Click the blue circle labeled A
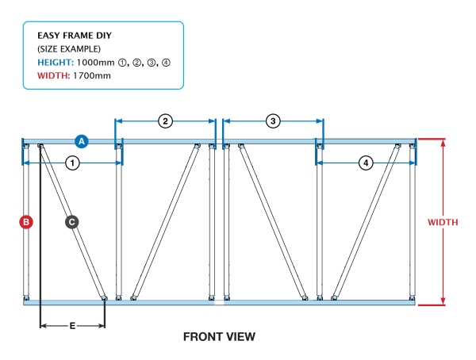click(81, 141)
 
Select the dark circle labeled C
click(71, 223)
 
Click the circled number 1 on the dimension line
click(72, 163)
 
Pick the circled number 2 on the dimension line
click(165, 121)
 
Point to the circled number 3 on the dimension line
click(273, 121)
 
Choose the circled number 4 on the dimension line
click(366, 163)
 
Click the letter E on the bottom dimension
click(73, 325)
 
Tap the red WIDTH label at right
click(442, 222)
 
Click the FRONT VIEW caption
click(219, 337)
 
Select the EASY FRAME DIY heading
click(73, 36)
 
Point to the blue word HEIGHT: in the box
click(56, 63)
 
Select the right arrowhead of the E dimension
click(102, 325)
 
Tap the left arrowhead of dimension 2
click(119, 121)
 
